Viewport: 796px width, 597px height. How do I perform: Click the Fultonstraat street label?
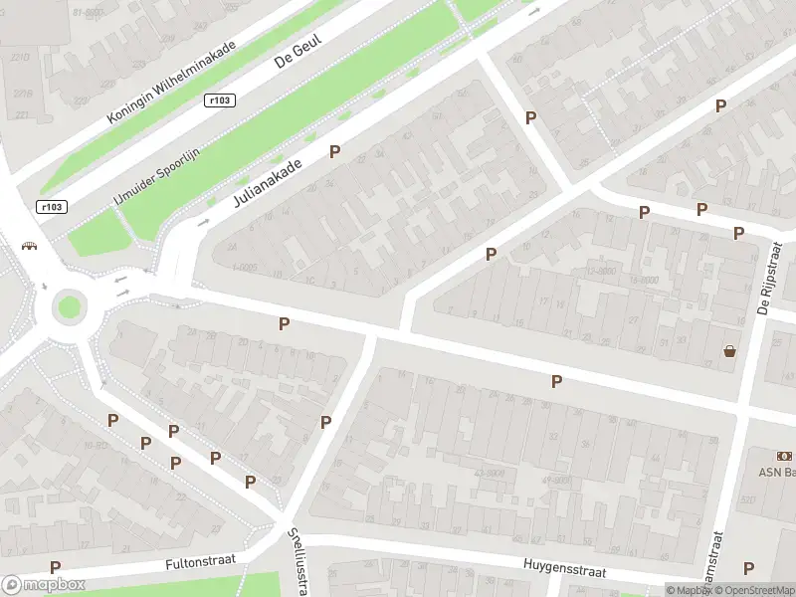click(199, 561)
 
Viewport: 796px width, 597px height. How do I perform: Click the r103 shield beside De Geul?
click(220, 99)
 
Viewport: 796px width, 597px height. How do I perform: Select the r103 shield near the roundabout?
click(52, 207)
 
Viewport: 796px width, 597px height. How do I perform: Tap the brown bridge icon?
click(29, 247)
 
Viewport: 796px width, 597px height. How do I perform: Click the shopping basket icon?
click(730, 350)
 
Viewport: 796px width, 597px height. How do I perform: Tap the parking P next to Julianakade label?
click(335, 152)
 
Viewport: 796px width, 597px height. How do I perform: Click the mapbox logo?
click(44, 585)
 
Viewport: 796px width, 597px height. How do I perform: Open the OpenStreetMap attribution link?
click(757, 591)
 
